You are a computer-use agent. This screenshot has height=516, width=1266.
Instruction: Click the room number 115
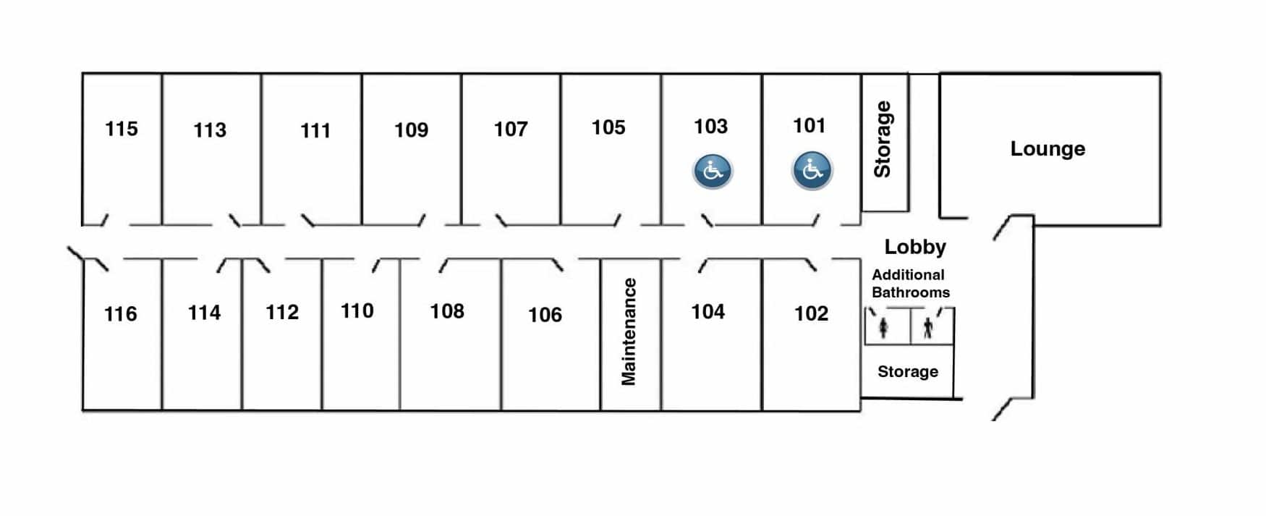(x=121, y=129)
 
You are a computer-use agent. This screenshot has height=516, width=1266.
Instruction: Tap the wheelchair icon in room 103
(x=713, y=172)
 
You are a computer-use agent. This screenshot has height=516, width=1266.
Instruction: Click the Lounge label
(x=1047, y=149)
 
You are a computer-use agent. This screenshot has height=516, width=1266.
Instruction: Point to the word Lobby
(x=914, y=247)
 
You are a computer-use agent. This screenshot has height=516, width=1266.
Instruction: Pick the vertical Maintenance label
(x=629, y=331)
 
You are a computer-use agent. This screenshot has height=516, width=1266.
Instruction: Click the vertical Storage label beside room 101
(x=883, y=139)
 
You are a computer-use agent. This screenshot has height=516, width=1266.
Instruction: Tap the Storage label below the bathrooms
(x=907, y=371)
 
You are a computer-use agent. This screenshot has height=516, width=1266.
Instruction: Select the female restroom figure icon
(x=883, y=329)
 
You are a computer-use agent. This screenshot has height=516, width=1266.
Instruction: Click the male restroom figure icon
(x=928, y=329)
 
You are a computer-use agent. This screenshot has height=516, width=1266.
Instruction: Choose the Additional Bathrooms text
(x=909, y=284)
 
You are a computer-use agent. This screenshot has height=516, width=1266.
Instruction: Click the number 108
(x=446, y=311)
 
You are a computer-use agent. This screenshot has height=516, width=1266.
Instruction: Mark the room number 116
(x=120, y=314)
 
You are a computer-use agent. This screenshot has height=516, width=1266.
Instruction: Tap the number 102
(x=811, y=313)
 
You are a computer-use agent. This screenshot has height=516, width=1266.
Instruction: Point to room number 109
(x=411, y=130)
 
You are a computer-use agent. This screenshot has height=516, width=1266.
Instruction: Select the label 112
(x=281, y=313)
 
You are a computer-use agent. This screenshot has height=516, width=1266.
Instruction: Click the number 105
(x=608, y=127)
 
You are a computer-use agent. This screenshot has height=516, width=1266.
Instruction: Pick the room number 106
(x=545, y=315)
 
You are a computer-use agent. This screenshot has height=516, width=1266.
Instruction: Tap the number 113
(x=209, y=130)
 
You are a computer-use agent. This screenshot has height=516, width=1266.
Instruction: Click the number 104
(x=708, y=312)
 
